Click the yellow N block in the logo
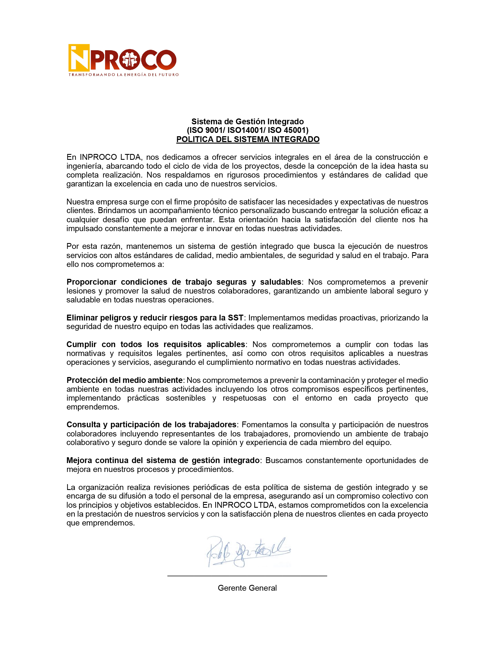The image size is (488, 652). click(79, 58)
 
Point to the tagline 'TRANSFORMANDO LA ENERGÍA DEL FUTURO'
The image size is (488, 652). click(123, 75)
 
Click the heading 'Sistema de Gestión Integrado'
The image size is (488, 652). click(247, 122)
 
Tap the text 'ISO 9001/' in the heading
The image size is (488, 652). click(208, 130)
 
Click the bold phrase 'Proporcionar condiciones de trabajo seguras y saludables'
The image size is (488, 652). click(184, 282)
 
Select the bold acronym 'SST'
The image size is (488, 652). click(235, 317)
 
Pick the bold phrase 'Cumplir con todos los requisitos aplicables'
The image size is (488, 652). click(156, 344)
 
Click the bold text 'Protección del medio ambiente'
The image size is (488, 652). click(124, 380)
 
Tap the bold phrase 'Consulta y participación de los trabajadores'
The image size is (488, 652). click(151, 424)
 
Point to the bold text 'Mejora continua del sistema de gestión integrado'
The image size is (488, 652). click(163, 460)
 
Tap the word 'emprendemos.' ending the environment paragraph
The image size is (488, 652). click(93, 407)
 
